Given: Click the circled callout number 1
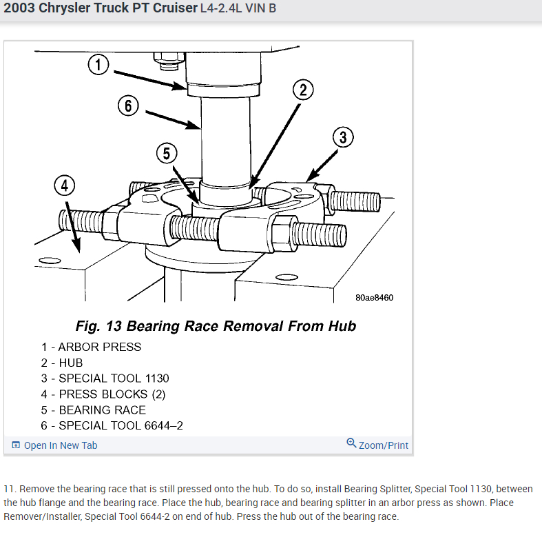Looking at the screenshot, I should coord(98,65).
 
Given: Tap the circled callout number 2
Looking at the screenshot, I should coord(302,90).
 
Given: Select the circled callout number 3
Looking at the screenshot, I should coord(343,138).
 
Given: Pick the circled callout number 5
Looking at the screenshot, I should coord(166,153).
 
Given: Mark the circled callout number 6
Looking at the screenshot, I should coord(128,106).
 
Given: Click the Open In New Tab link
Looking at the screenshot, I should coord(55,445).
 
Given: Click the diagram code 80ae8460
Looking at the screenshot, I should coord(375,298).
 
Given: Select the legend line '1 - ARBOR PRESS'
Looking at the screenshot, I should coord(91,347).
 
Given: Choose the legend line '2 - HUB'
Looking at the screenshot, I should coord(62,363).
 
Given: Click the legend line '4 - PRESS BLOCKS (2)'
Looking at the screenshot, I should coord(103,394).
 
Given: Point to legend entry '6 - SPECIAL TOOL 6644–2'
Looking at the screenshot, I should coord(112,425).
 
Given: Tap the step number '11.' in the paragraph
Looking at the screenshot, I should coord(10,489).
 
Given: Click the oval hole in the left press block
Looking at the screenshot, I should coord(48,261).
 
